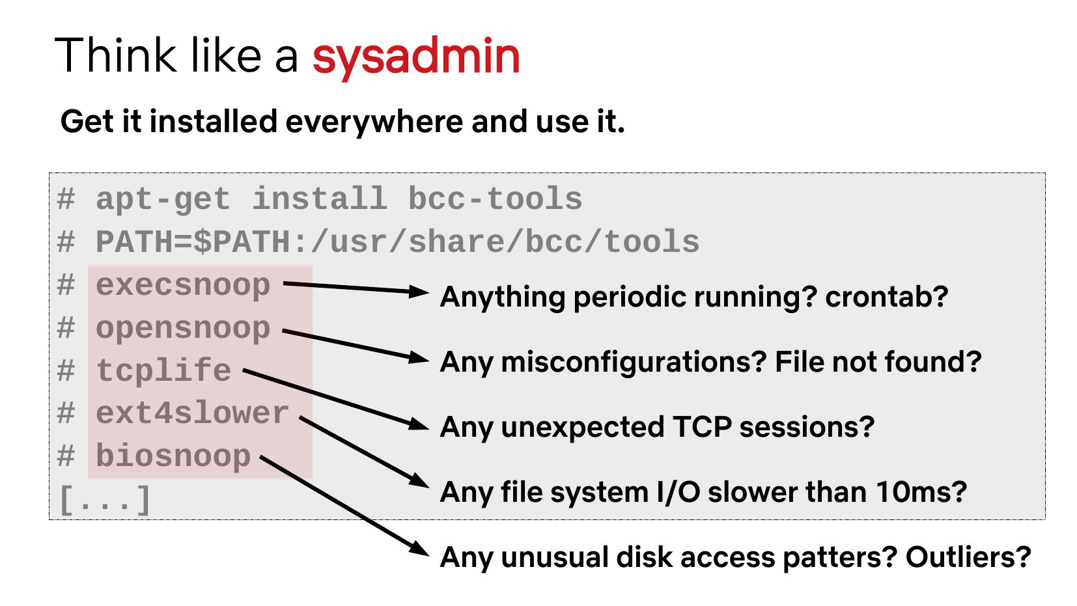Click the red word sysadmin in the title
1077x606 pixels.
coord(416,58)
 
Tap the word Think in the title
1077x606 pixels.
coord(115,55)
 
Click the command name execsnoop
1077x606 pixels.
coord(183,286)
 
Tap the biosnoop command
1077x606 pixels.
coord(174,456)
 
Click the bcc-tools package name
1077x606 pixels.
coord(496,199)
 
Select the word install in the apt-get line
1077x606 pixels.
coord(320,199)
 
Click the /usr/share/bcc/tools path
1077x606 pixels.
coord(505,241)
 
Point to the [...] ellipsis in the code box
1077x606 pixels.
coord(104,501)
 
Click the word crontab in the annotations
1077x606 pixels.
coord(887,297)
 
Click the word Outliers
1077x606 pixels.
coord(968,557)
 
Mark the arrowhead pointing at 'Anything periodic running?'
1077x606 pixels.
coord(419,291)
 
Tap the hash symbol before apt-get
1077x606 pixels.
coord(66,199)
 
